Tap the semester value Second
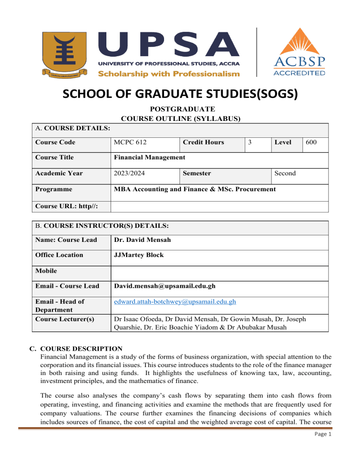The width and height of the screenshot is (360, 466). pos(285,173)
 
